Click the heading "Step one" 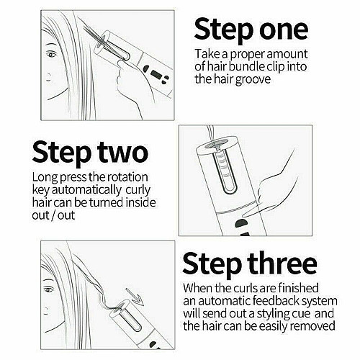[251, 30]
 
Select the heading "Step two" [90, 153]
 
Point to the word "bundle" [246, 66]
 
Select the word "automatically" [86, 190]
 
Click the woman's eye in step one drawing [51, 55]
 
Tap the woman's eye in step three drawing [50, 289]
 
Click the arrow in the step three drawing [135, 297]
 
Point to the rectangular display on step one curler [156, 75]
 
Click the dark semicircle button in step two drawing [241, 223]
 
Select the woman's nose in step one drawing [49, 77]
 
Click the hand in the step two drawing [272, 192]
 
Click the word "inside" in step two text [141, 202]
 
